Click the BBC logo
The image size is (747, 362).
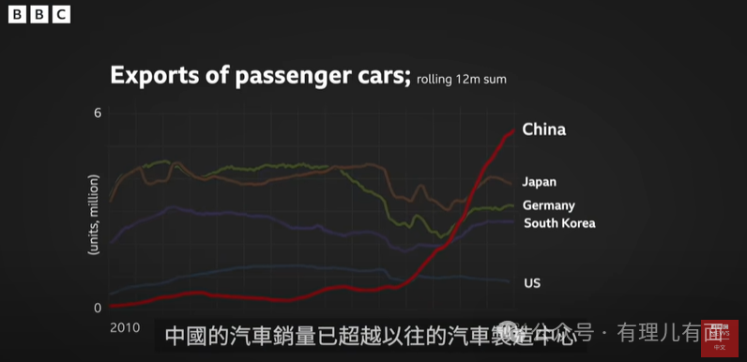(38, 14)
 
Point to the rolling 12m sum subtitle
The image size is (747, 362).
(461, 80)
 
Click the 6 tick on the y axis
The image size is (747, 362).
(97, 113)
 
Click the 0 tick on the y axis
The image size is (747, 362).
(97, 308)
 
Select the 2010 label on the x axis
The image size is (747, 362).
(125, 328)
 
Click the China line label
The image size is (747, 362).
(543, 129)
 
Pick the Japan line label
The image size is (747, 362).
(540, 182)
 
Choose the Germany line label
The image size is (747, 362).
(548, 205)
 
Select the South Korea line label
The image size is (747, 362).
(558, 223)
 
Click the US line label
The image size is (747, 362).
(531, 282)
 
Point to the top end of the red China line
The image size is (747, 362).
(513, 130)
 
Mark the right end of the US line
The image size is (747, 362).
(511, 281)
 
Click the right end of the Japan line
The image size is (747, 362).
(512, 182)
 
